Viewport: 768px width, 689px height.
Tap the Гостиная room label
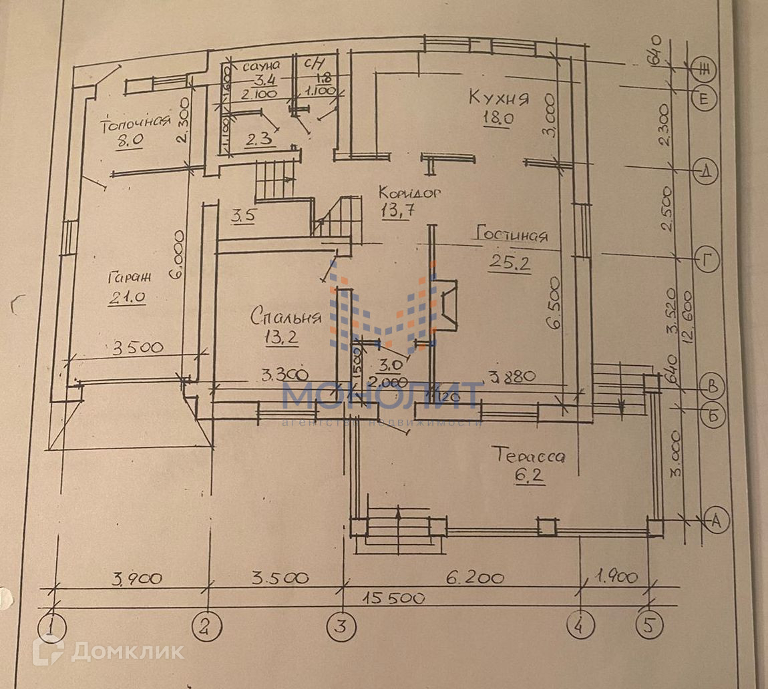click(512, 236)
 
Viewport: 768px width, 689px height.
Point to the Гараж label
click(129, 276)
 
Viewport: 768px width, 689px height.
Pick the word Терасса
click(528, 456)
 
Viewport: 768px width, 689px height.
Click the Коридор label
click(410, 192)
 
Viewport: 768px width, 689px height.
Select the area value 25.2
click(509, 263)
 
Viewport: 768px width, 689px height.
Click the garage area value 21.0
click(126, 298)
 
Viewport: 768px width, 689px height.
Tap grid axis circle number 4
click(580, 626)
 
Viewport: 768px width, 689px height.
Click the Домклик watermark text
click(127, 652)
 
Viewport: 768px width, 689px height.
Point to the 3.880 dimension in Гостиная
click(512, 376)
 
